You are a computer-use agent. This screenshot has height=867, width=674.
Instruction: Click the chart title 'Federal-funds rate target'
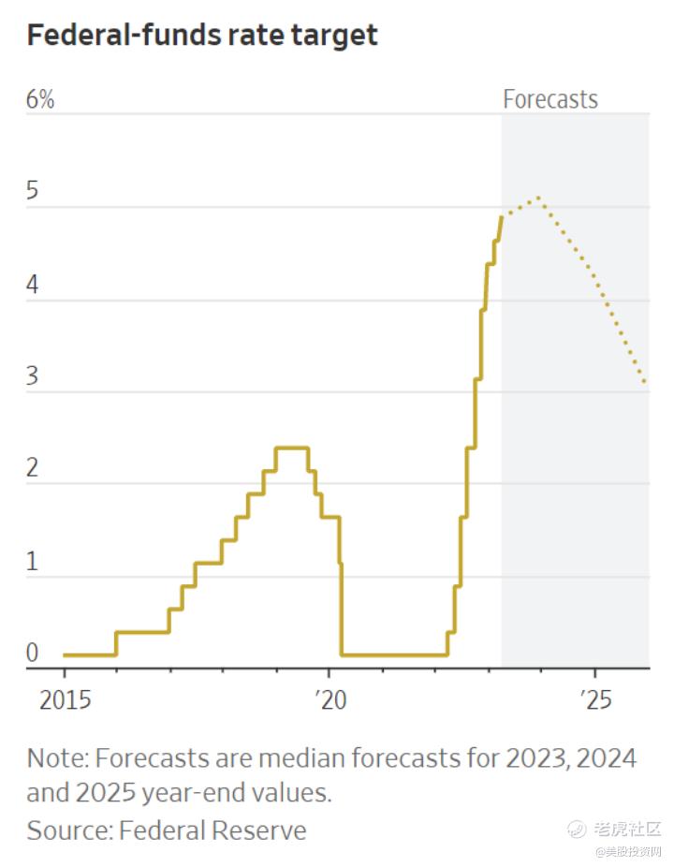pyautogui.click(x=202, y=36)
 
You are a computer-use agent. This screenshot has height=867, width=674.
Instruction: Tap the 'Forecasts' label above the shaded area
pyautogui.click(x=549, y=99)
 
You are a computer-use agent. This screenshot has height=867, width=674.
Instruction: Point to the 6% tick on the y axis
pyautogui.click(x=40, y=99)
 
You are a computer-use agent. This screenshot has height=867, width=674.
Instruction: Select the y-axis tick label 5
pyautogui.click(x=33, y=192)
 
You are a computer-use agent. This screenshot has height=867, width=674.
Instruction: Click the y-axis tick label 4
pyautogui.click(x=33, y=285)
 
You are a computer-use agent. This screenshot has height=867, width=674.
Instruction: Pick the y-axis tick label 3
pyautogui.click(x=33, y=376)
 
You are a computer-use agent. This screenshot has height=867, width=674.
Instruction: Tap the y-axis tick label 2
pyautogui.click(x=33, y=468)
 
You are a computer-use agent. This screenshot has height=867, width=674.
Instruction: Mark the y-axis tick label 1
pyautogui.click(x=33, y=561)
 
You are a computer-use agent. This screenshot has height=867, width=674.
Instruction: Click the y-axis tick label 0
pyautogui.click(x=33, y=653)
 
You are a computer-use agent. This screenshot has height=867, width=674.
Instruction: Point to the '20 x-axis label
pyautogui.click(x=329, y=700)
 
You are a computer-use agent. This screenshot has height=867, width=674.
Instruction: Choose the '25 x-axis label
pyautogui.click(x=594, y=700)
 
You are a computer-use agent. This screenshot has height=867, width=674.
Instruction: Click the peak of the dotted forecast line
pyautogui.click(x=537, y=198)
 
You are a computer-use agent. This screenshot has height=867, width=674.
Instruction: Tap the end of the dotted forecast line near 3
pyautogui.click(x=646, y=382)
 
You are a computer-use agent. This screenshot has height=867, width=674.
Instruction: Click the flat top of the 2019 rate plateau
pyautogui.click(x=292, y=448)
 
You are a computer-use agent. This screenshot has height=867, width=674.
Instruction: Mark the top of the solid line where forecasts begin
pyautogui.click(x=502, y=217)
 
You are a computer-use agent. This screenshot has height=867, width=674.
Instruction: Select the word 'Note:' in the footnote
pyautogui.click(x=58, y=757)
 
